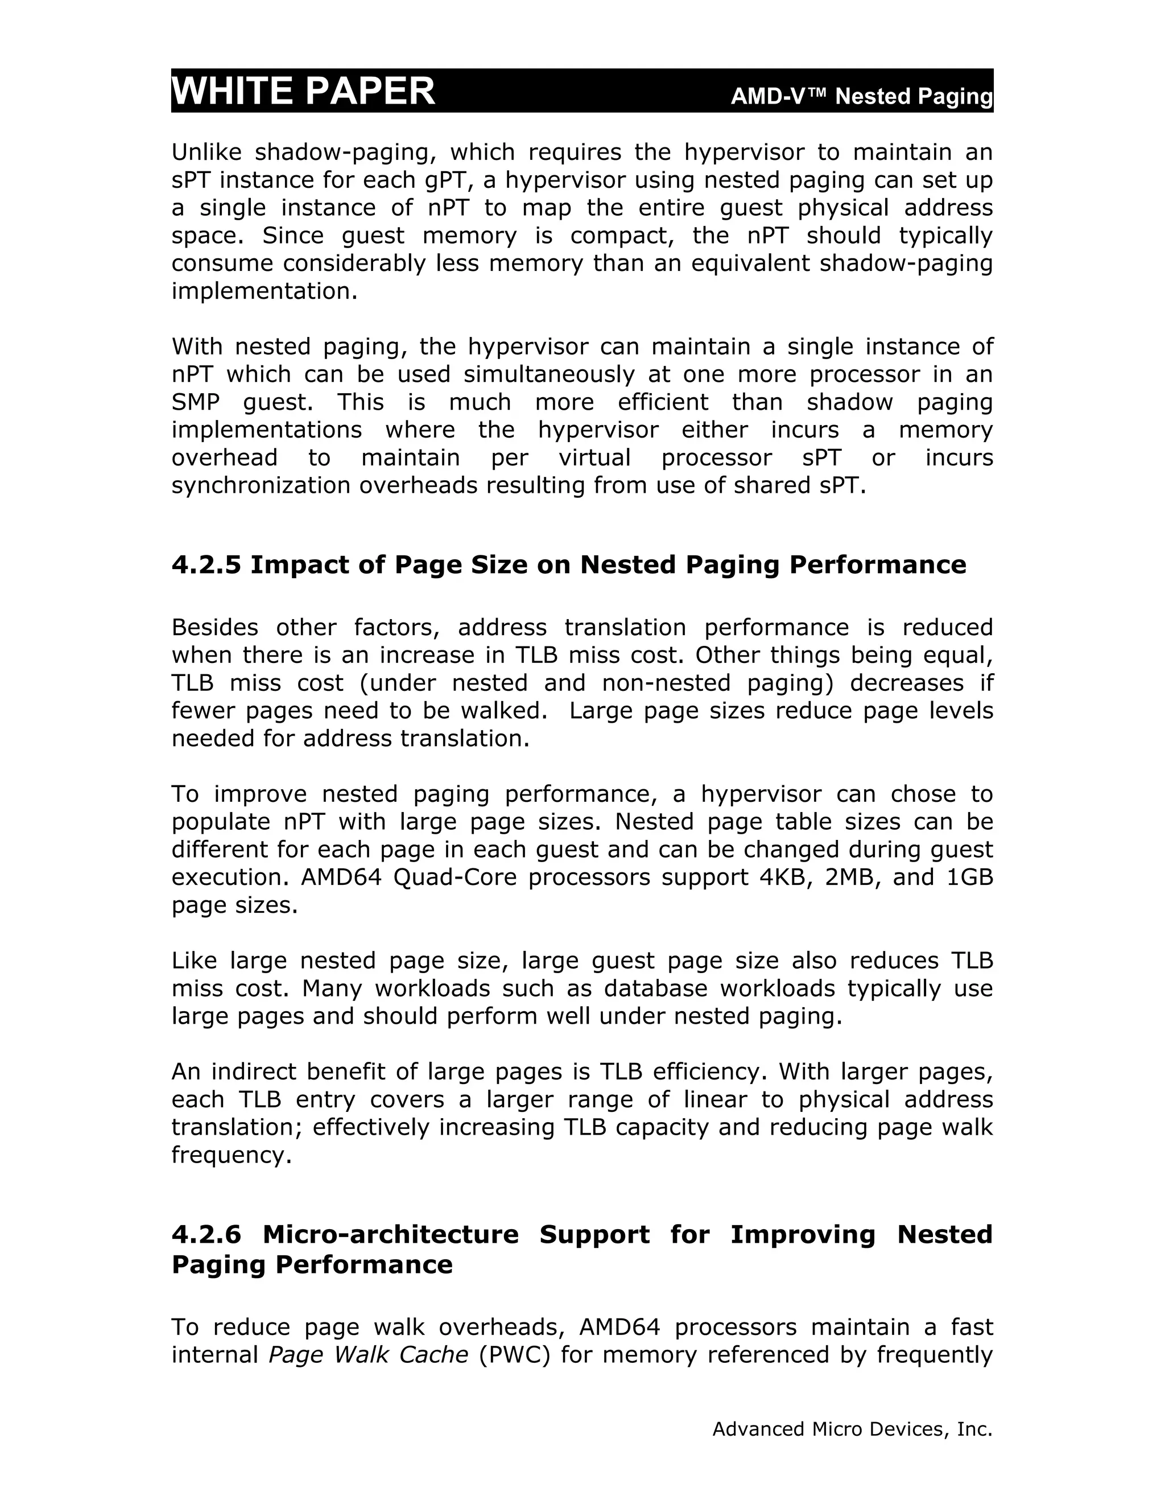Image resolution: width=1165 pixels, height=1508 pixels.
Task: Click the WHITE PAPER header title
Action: pos(303,91)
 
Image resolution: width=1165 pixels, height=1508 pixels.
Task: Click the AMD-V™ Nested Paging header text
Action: pos(861,97)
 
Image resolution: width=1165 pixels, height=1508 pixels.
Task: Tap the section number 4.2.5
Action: pos(206,565)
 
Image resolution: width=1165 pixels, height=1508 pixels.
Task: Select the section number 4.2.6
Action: pos(206,1234)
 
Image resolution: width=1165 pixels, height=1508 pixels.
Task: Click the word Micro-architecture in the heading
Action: pos(391,1234)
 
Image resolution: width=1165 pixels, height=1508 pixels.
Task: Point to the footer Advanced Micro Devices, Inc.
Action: pos(852,1428)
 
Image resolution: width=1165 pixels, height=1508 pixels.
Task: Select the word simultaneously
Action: pos(549,374)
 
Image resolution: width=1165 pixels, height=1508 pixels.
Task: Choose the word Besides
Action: pos(214,627)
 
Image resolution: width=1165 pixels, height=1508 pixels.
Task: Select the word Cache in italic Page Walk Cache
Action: pos(434,1355)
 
